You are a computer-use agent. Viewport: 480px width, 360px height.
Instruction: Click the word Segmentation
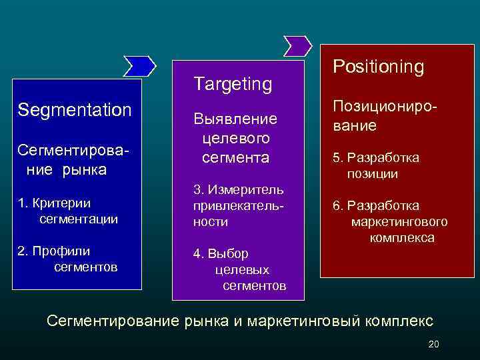coord(75,109)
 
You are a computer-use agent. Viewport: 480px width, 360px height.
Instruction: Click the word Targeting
coord(233,84)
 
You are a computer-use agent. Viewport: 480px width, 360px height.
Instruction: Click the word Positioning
coord(378,67)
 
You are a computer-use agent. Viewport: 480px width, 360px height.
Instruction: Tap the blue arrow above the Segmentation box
coord(140,65)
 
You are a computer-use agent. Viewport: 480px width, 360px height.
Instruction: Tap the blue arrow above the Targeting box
coord(297,45)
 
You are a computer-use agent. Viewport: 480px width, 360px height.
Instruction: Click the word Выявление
coord(235,119)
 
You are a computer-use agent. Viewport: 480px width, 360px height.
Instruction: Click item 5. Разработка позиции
coord(377,166)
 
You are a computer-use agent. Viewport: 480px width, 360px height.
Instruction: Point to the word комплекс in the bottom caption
coord(399,321)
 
